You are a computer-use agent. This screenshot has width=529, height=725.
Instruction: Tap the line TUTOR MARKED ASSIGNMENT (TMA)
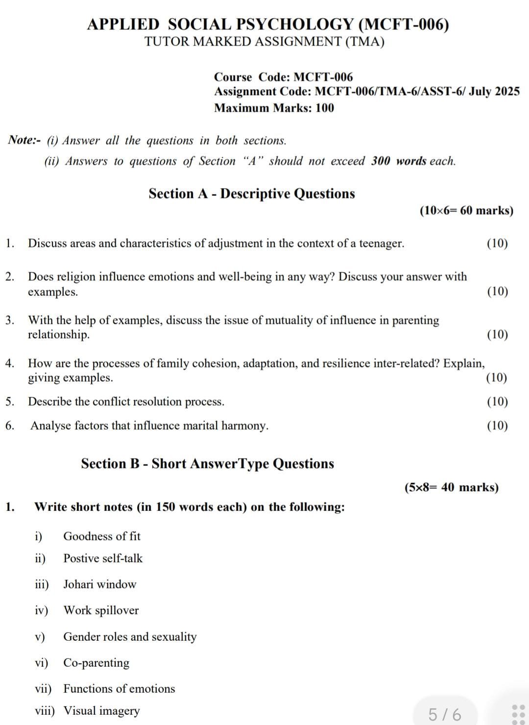pyautogui.click(x=264, y=42)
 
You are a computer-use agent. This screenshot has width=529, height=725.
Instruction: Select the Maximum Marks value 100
pyautogui.click(x=325, y=108)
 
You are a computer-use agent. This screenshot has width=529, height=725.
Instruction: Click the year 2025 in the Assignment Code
pyautogui.click(x=507, y=92)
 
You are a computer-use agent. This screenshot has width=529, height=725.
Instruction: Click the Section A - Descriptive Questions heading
pyautogui.click(x=252, y=194)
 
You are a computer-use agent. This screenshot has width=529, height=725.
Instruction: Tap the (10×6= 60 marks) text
pyautogui.click(x=466, y=211)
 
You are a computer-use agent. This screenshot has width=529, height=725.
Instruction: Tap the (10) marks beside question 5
pyautogui.click(x=497, y=402)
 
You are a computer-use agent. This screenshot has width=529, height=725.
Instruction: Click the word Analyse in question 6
pyautogui.click(x=50, y=426)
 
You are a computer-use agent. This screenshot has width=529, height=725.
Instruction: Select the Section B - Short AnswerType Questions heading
pyautogui.click(x=208, y=464)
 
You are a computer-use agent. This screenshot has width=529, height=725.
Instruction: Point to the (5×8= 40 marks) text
pyautogui.click(x=451, y=487)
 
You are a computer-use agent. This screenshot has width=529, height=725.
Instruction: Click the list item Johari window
pyautogui.click(x=100, y=584)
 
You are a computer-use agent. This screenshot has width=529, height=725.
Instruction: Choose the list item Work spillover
pyautogui.click(x=101, y=610)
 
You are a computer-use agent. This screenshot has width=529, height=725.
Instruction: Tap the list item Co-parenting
pyautogui.click(x=96, y=663)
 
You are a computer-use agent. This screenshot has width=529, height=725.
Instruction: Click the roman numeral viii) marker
pyautogui.click(x=45, y=711)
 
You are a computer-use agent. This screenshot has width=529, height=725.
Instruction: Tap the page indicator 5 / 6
pyautogui.click(x=445, y=715)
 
